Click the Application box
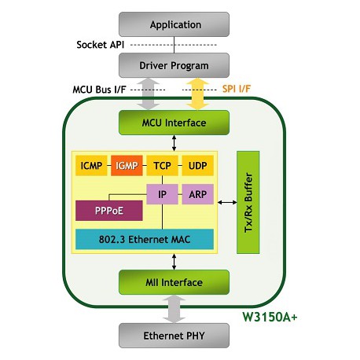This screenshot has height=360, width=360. (x=174, y=24)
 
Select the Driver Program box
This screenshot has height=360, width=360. (x=174, y=65)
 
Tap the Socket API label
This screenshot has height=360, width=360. (x=101, y=45)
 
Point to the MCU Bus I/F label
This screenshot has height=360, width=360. (x=99, y=90)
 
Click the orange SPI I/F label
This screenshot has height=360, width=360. (x=237, y=89)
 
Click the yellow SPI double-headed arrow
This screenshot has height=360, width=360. (x=197, y=94)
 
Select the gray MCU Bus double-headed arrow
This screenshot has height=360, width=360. (x=149, y=94)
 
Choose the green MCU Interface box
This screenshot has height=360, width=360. (x=174, y=123)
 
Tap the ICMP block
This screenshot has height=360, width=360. (x=91, y=166)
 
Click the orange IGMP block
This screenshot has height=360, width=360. (x=127, y=166)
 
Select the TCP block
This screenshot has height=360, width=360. (x=162, y=166)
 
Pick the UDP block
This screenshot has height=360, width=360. (x=198, y=166)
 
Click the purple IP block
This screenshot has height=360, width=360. (x=162, y=194)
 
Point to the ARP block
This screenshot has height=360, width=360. (x=198, y=194)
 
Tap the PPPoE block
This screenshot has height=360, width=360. (x=109, y=211)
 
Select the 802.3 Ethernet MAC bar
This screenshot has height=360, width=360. (x=145, y=239)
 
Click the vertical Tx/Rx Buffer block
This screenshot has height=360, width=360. (x=248, y=202)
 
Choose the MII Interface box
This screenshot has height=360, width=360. (x=174, y=282)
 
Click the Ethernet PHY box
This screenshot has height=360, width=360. (x=174, y=336)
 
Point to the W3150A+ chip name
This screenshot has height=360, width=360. (x=270, y=317)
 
